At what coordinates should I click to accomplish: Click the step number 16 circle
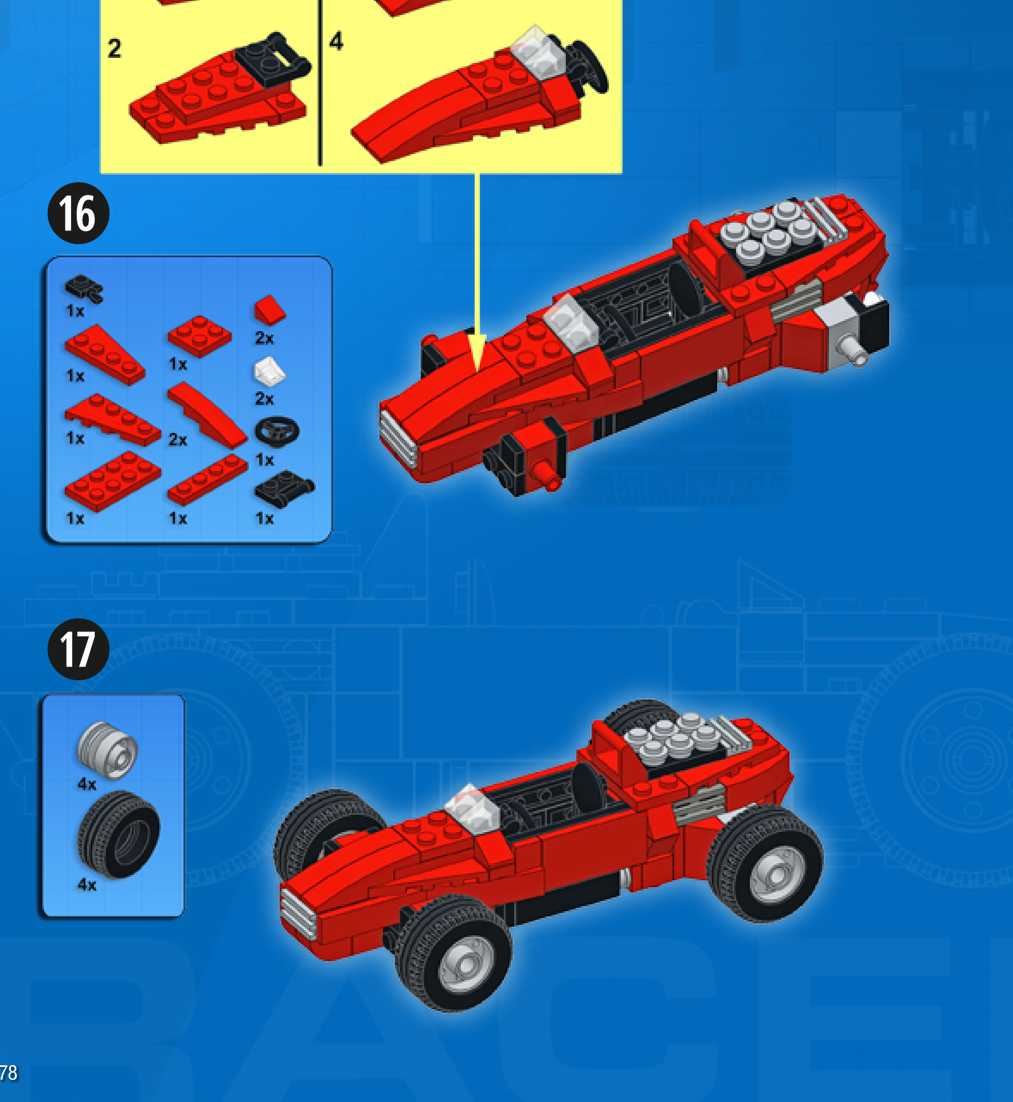click(x=78, y=213)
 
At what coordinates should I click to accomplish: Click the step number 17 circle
click(x=78, y=649)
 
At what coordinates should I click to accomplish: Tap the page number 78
click(x=8, y=1072)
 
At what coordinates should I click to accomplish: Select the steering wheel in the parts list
click(x=276, y=432)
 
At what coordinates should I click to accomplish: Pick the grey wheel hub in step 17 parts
click(x=107, y=750)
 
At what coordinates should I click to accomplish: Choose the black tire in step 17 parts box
click(x=119, y=834)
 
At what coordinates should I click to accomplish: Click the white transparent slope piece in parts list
click(x=269, y=371)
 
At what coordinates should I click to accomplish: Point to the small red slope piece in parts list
click(x=269, y=310)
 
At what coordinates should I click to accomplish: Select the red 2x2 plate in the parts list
click(x=200, y=336)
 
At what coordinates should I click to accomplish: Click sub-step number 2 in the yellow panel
click(x=115, y=48)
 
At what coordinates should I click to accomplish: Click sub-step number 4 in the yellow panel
click(x=337, y=41)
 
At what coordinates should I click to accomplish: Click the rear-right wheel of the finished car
click(x=765, y=863)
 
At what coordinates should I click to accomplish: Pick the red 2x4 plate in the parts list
click(x=113, y=481)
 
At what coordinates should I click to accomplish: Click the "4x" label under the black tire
click(x=87, y=885)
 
